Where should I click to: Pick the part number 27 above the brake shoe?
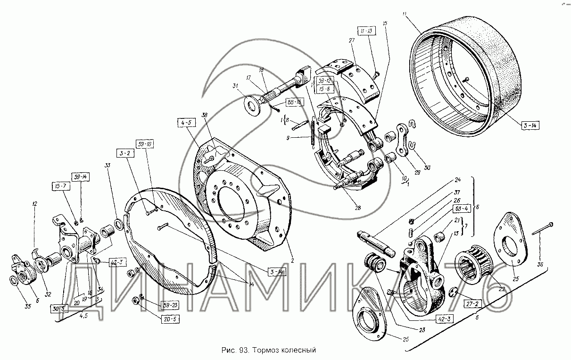click(351, 41)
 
